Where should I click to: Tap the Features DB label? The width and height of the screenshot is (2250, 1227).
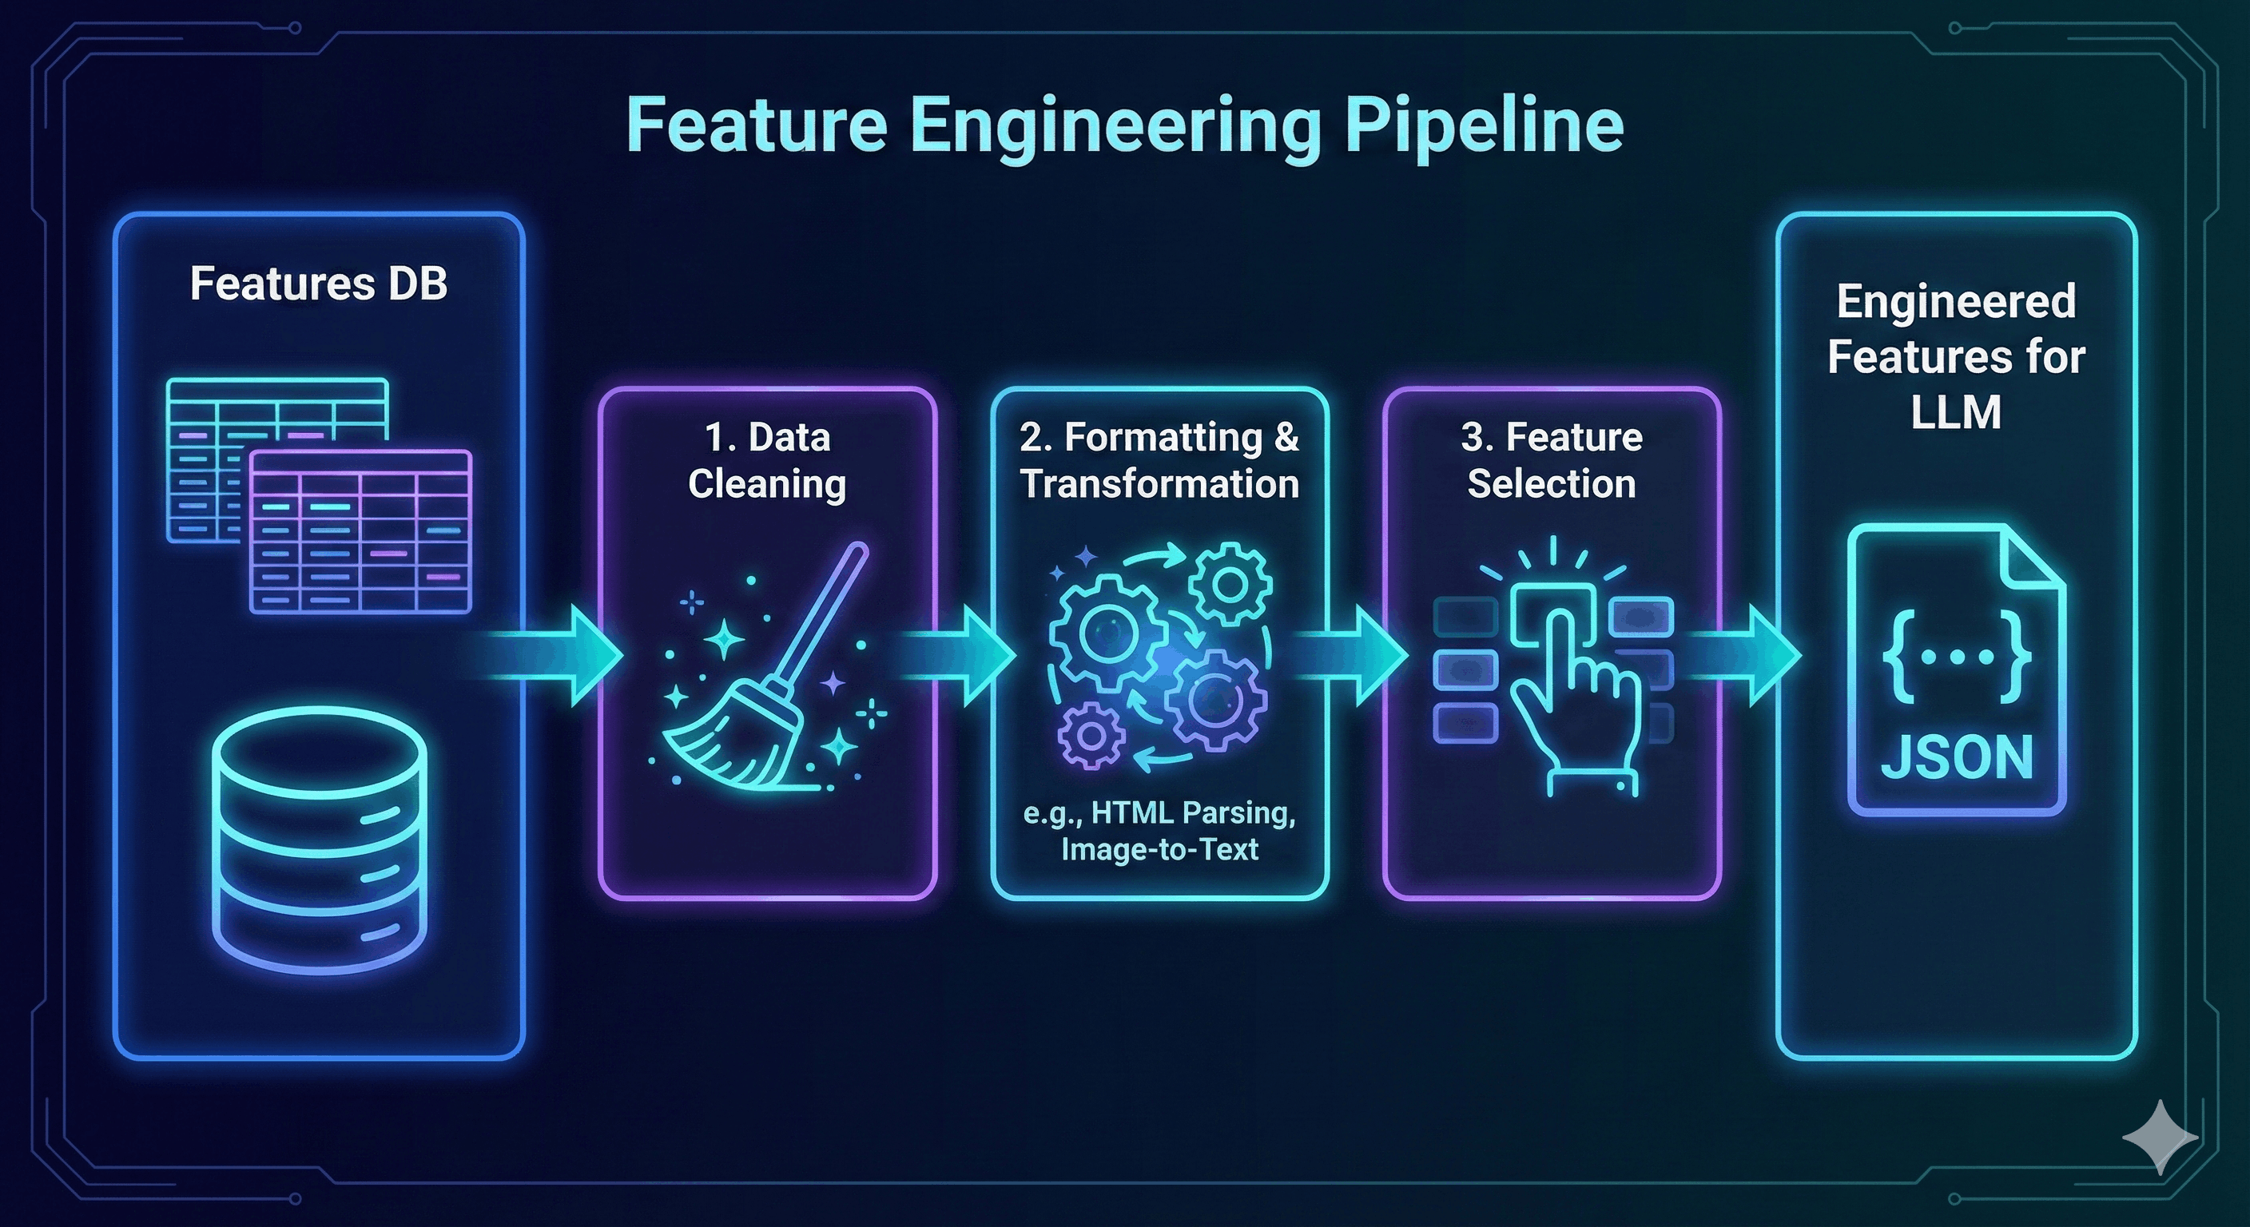coord(318,284)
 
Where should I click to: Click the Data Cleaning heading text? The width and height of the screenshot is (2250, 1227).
coord(767,460)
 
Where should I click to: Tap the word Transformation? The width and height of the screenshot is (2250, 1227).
coord(1159,484)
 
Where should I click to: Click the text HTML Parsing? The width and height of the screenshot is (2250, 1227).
coord(1193,813)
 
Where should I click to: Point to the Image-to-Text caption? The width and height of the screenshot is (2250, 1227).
coord(1159,849)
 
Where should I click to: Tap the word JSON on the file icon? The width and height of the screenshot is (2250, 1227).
coord(1957,758)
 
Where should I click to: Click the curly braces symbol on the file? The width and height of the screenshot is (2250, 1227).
coord(1957,657)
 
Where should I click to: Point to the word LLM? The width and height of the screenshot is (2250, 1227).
coord(1956,413)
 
